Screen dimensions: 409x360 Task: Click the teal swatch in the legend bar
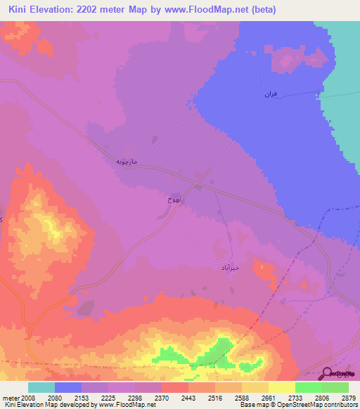[x=41, y=387]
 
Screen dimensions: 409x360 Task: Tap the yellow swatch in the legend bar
[x=282, y=387]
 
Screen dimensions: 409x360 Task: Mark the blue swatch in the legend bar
[x=68, y=387]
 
